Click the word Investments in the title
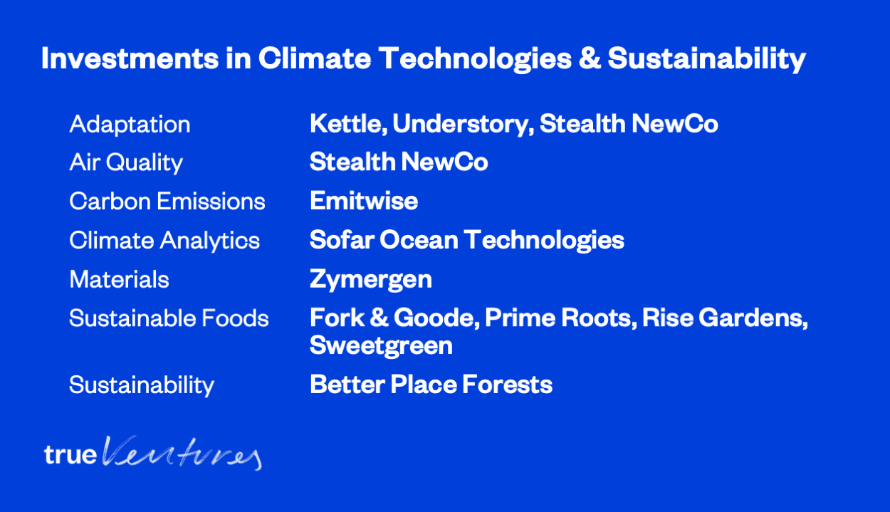[130, 58]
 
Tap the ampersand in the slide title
[590, 58]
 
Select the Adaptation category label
[130, 125]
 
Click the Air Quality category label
[126, 163]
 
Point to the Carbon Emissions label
[167, 201]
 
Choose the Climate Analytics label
[164, 241]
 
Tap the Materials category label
[119, 279]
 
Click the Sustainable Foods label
[169, 318]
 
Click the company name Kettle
[348, 124]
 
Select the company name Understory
[464, 125]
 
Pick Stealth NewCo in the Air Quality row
[399, 162]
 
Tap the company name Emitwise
[364, 200]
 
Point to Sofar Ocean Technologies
[467, 241]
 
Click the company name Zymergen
[371, 280]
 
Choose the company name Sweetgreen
[381, 346]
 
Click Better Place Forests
[431, 385]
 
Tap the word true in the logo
[70, 454]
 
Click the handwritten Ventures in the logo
[182, 453]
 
